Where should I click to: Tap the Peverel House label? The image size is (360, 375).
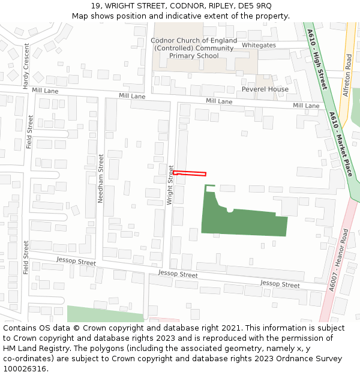[x=265, y=89]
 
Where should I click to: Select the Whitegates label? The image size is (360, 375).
[x=259, y=45]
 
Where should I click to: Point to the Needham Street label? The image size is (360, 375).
[x=101, y=178]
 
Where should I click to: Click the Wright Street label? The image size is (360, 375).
[x=170, y=185]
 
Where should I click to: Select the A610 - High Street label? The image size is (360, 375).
[x=316, y=59]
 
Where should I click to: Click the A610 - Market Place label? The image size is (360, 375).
[x=340, y=144]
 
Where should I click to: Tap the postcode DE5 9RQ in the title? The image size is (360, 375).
[x=255, y=6]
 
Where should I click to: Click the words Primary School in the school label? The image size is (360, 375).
[x=194, y=56]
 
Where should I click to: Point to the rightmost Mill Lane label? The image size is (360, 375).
[x=306, y=106]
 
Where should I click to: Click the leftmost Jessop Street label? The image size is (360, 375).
[x=76, y=262]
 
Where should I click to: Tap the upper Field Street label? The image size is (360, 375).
[x=30, y=132]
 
